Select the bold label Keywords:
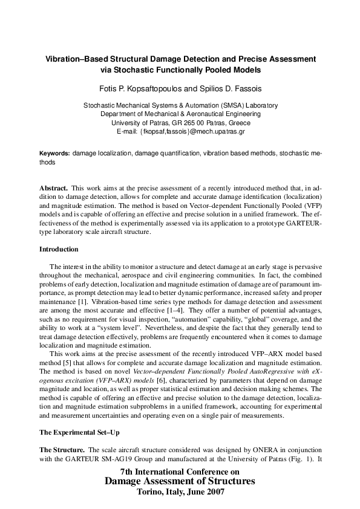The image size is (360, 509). click(x=54, y=154)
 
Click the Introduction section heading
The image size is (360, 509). click(x=59, y=249)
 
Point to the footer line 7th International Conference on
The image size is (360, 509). click(x=180, y=471)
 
